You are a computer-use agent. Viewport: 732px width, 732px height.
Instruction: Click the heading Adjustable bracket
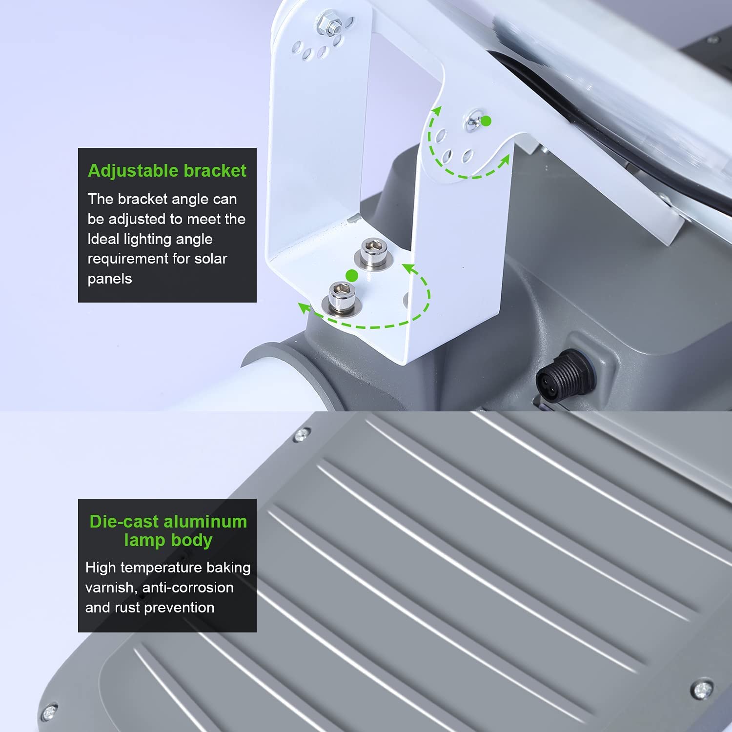167,171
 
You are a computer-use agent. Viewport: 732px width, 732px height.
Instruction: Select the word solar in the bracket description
211,258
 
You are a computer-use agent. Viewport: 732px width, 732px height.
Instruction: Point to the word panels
110,279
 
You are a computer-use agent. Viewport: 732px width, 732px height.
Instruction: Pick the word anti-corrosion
188,587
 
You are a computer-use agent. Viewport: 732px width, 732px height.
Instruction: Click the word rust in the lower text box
128,608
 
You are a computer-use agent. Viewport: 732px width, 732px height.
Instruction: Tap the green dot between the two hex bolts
352,276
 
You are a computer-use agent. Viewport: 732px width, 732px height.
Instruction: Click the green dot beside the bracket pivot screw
486,121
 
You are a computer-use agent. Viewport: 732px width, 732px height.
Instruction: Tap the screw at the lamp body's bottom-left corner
48,712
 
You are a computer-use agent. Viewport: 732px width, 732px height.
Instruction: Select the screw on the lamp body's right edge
702,689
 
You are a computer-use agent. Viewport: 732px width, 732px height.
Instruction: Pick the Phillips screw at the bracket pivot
473,123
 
